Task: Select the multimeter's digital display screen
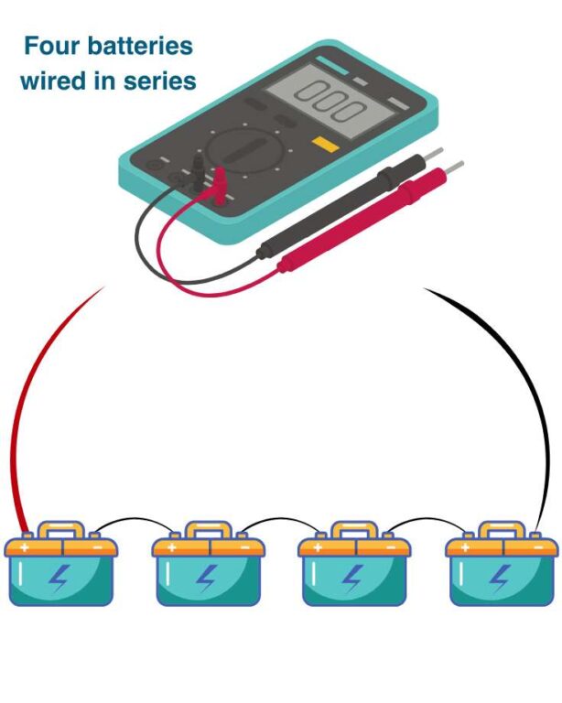click(x=330, y=100)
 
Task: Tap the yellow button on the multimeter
click(x=323, y=143)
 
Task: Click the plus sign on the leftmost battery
click(x=24, y=547)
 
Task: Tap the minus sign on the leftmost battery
click(x=98, y=547)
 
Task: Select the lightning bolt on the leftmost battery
click(x=60, y=579)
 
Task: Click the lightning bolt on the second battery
click(x=208, y=579)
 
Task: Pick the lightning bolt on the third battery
click(x=354, y=579)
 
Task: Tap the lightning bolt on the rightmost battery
click(x=501, y=579)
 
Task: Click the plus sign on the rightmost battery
click(x=465, y=547)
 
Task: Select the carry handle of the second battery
click(x=208, y=529)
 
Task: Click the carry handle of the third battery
click(x=354, y=529)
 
